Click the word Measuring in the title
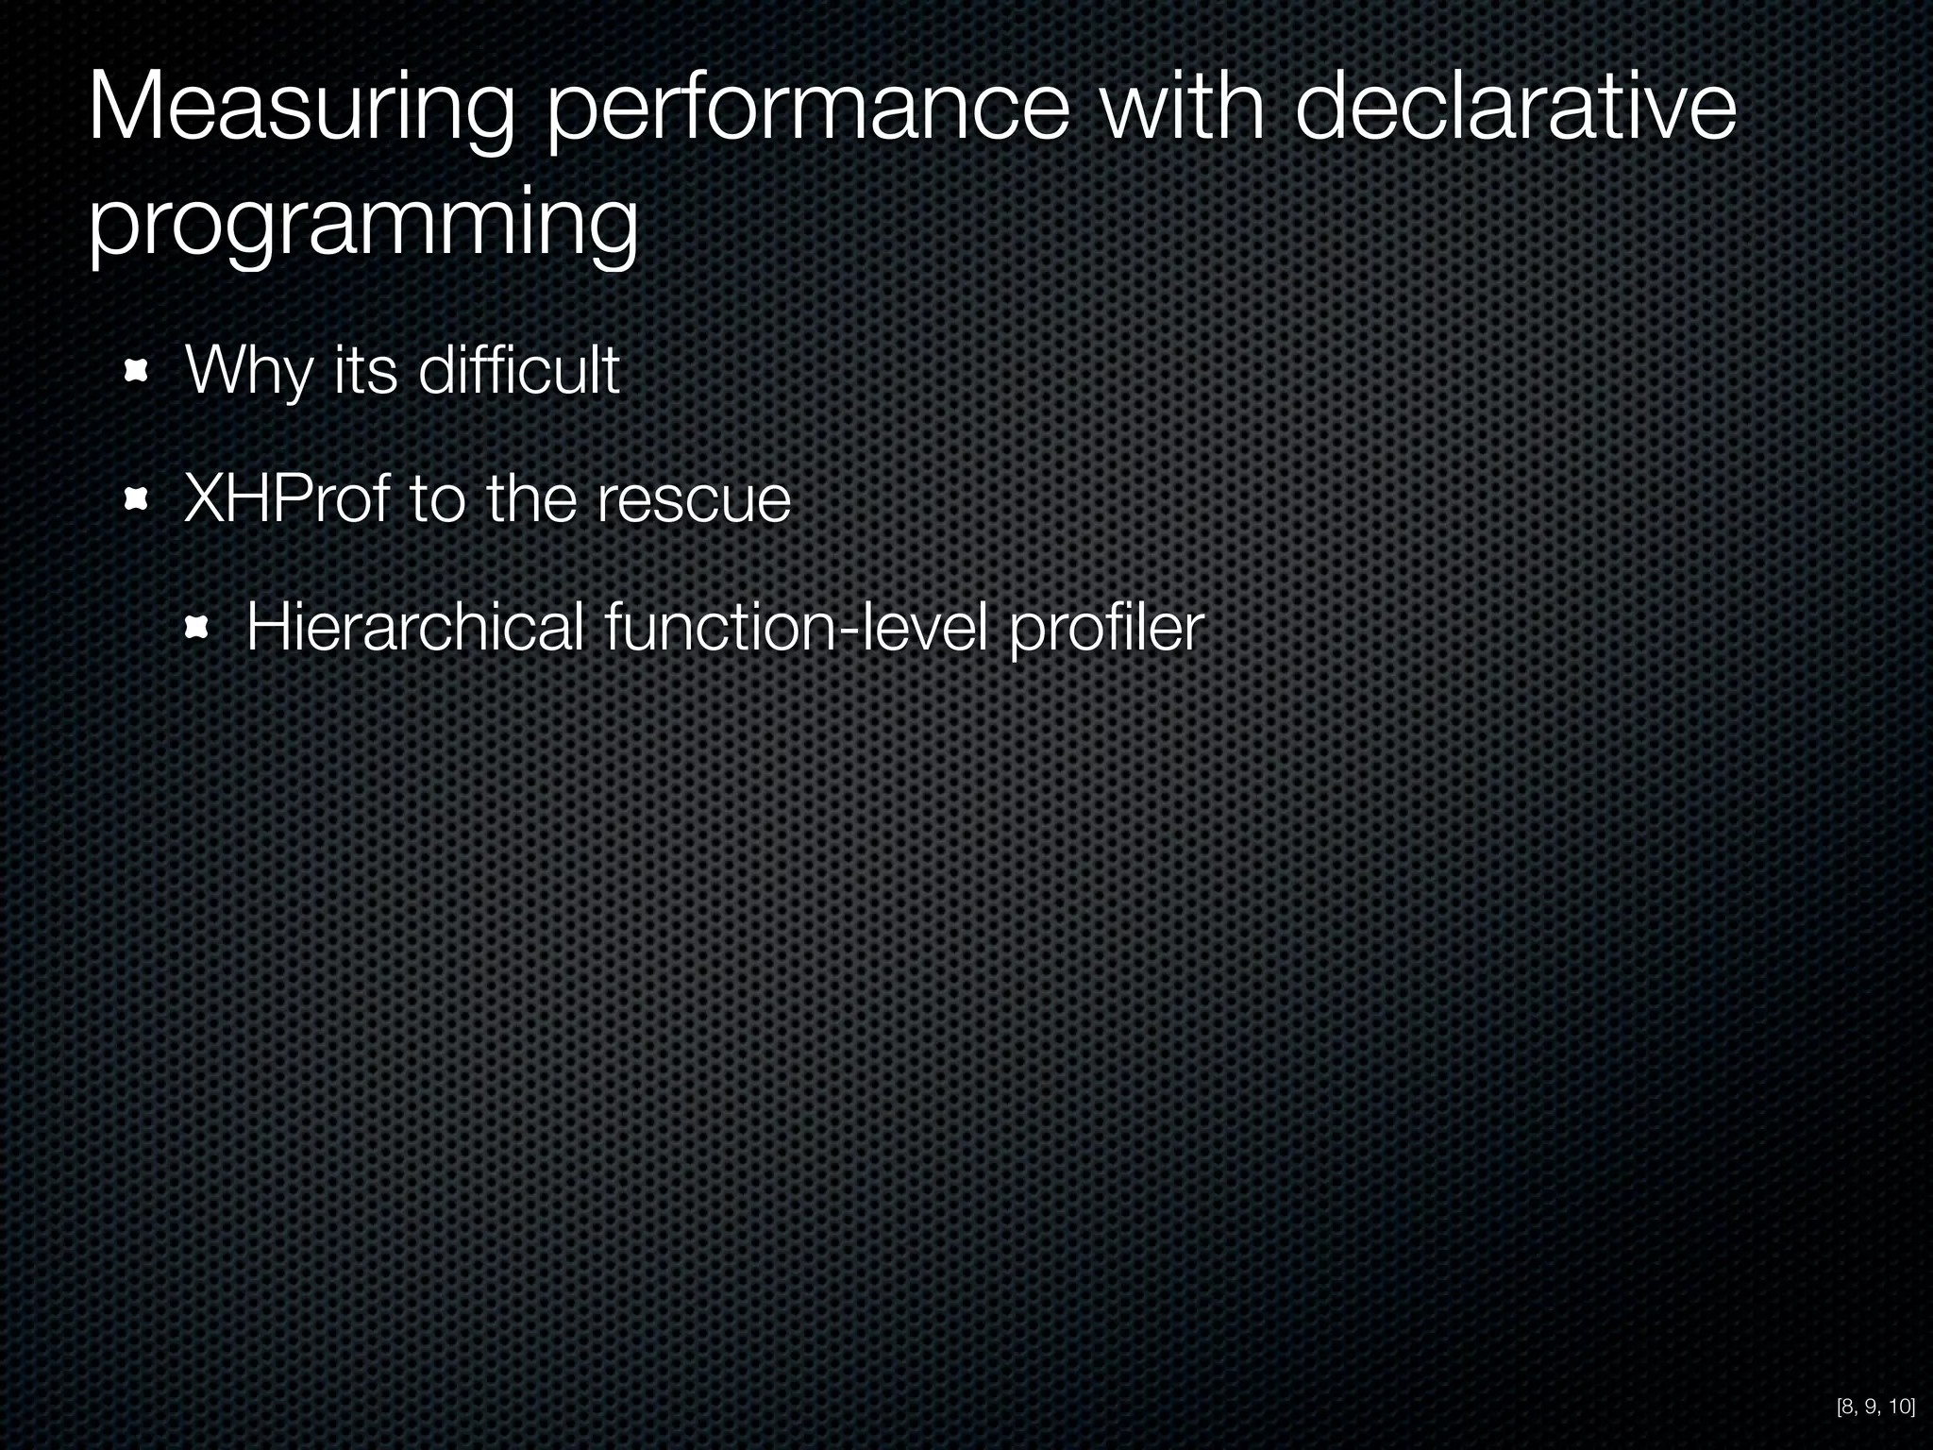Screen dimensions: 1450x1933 tap(301, 115)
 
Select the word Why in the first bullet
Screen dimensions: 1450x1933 tap(248, 371)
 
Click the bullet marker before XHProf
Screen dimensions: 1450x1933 tap(138, 499)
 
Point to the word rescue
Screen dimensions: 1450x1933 tap(694, 500)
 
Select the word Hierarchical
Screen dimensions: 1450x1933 tap(415, 627)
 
